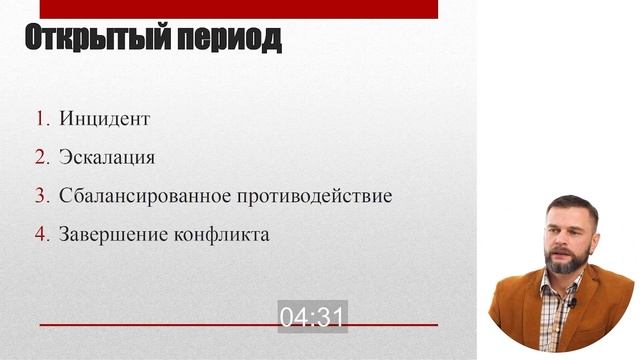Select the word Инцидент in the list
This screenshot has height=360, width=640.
[104, 119]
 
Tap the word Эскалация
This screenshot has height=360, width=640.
[107, 157]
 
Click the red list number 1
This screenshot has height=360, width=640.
[41, 119]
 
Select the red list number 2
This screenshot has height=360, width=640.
[41, 157]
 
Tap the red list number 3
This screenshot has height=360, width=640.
[41, 196]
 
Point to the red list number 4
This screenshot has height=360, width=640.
[41, 235]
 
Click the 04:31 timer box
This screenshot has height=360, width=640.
[312, 317]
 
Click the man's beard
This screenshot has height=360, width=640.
[561, 263]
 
